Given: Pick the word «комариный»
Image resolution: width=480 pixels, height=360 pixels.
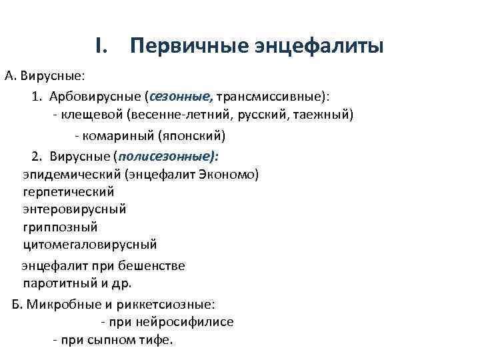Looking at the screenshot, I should click(117, 136).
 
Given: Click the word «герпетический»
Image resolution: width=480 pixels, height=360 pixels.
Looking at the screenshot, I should click(68, 192).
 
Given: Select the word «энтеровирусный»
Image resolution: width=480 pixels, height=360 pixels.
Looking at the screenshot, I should click(74, 209).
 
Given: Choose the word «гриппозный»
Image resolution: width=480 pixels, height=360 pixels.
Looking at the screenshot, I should click(60, 227).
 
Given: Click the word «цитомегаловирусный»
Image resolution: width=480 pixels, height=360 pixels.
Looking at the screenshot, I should click(89, 244).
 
